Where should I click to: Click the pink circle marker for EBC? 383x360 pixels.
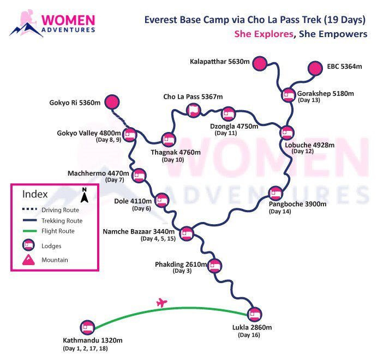(x=315, y=68)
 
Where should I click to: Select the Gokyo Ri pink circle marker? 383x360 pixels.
(x=112, y=102)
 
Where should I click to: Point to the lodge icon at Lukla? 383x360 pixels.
(x=254, y=314)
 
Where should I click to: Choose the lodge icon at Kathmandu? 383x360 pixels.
(x=87, y=328)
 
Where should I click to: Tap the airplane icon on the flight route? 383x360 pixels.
(x=160, y=302)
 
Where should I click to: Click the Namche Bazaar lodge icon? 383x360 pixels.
(x=187, y=233)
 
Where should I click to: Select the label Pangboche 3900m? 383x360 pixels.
(x=297, y=204)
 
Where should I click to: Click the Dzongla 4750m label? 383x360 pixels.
(x=231, y=125)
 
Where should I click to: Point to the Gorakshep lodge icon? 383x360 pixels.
(x=289, y=95)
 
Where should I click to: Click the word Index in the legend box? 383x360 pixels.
(x=35, y=194)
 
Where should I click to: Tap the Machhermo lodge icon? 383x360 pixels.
(x=139, y=175)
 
